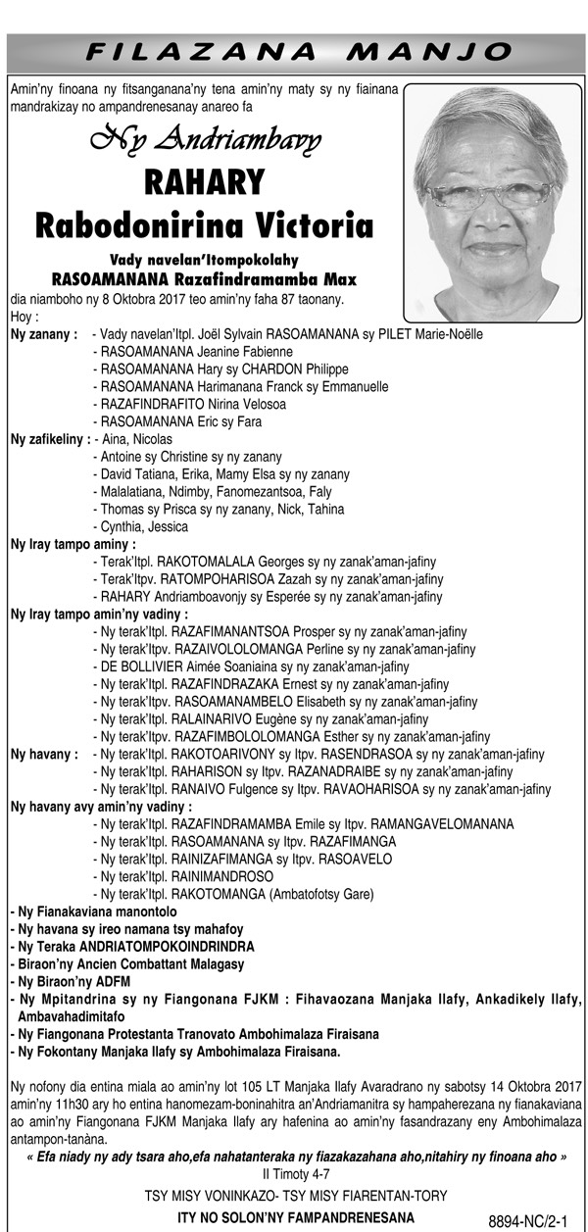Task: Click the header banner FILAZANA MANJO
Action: click(x=294, y=51)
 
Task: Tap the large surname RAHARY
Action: click(x=204, y=182)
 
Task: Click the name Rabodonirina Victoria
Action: click(x=204, y=226)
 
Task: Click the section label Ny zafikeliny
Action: click(x=50, y=439)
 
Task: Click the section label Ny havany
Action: click(x=43, y=754)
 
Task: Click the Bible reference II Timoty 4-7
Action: click(x=294, y=1173)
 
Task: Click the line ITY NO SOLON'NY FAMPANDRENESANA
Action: click(x=294, y=1217)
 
